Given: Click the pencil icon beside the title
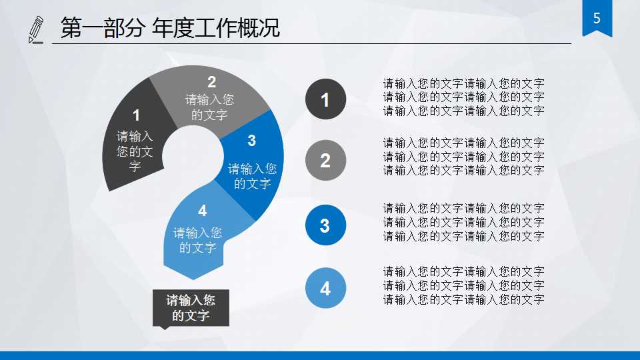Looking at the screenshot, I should pyautogui.click(x=36, y=30).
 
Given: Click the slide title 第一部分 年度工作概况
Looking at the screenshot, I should pyautogui.click(x=170, y=29).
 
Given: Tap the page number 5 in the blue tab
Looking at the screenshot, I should pyautogui.click(x=597, y=19).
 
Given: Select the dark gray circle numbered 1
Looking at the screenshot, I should pyautogui.click(x=325, y=99).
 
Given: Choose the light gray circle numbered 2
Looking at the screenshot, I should pyautogui.click(x=325, y=161).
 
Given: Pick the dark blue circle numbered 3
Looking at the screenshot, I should pyautogui.click(x=325, y=225).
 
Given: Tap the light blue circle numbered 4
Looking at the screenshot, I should pyautogui.click(x=325, y=289).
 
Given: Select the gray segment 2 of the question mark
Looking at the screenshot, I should pyautogui.click(x=210, y=100).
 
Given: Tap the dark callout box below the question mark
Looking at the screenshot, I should pyautogui.click(x=191, y=308).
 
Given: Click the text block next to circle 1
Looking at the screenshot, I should pyautogui.click(x=463, y=97).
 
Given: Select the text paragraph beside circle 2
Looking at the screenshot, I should pyautogui.click(x=463, y=157).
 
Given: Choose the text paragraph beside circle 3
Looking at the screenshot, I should pyautogui.click(x=463, y=222).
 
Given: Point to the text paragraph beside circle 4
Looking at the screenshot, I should pyautogui.click(x=463, y=285).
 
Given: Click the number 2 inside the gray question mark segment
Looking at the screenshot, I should pyautogui.click(x=211, y=82).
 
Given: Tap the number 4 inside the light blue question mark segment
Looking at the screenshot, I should pyautogui.click(x=202, y=211).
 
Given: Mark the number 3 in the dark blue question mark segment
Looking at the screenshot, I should pyautogui.click(x=251, y=141).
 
